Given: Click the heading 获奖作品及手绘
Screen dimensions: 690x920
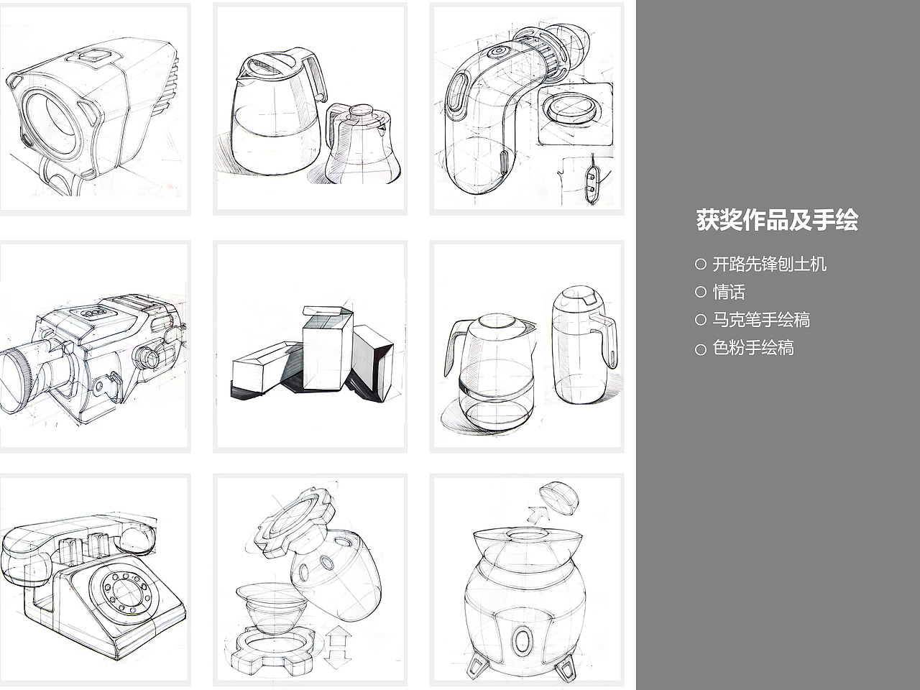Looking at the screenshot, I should [777, 220].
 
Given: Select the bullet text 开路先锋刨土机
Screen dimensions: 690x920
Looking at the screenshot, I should [769, 264].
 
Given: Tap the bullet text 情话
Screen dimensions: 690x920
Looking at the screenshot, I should [729, 292].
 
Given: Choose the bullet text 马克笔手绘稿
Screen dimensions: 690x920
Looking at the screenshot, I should [761, 320].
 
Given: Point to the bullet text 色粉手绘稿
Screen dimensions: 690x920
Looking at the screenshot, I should [753, 348].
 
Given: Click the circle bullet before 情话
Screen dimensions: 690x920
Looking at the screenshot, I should [701, 292].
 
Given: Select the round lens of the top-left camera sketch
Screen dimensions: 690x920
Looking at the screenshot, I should [50, 119].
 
